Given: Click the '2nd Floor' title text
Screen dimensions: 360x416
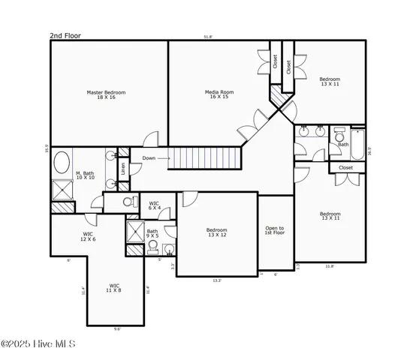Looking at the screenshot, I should pos(65,35).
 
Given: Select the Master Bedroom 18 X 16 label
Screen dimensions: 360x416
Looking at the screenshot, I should pos(106,94).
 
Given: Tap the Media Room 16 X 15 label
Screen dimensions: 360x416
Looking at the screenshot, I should pos(219,94).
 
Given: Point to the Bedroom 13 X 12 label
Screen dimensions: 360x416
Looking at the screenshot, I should pos(217,232).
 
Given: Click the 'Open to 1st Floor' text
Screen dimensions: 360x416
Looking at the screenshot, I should pos(275,230).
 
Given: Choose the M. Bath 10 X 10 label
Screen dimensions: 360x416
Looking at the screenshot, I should pos(84,175).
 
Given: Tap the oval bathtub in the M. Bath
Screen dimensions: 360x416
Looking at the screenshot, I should pos(62,163).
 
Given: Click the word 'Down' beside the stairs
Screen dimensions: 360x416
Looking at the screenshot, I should pos(149,158).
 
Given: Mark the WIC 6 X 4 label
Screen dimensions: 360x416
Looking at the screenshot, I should pos(154,205).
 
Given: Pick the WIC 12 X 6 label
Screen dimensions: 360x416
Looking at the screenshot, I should pos(89,236).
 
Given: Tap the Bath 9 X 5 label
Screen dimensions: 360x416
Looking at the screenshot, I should pos(152,233).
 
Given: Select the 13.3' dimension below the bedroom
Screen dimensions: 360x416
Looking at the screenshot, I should pos(217,280).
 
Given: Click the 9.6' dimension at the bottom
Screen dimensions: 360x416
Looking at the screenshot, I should pos(117,328).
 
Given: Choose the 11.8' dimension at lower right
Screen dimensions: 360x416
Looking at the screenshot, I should pos(330,265).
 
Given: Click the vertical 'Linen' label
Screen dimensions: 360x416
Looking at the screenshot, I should pos(123,169).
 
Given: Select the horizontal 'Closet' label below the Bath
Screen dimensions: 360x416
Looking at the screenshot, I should pos(345,168).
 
